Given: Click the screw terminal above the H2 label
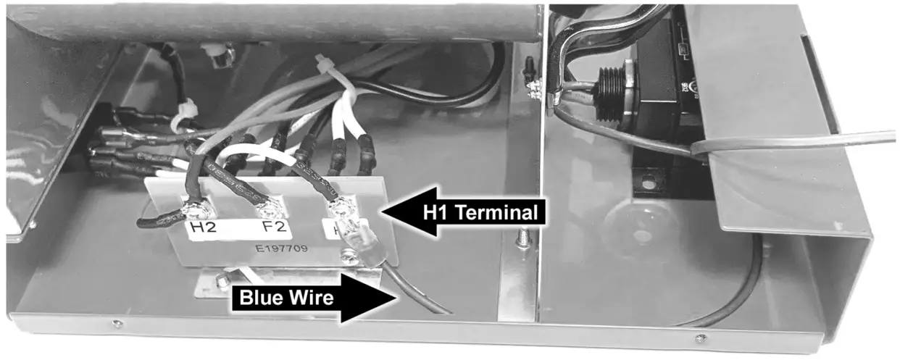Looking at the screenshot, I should pos(196,212).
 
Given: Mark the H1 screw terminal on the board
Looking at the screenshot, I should pos(338,210).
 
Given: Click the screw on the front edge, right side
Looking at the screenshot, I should pos(699,338).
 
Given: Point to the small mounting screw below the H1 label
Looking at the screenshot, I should pos(350,254).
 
